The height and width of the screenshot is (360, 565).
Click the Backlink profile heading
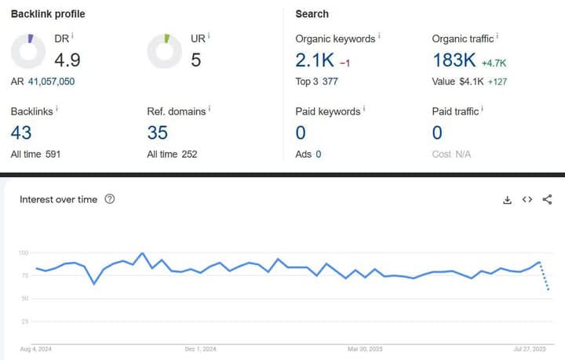tap(48, 14)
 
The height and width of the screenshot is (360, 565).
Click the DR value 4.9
tap(67, 60)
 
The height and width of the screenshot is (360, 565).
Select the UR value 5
tap(196, 60)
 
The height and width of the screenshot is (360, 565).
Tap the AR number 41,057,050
tap(52, 81)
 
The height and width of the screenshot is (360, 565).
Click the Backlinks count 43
tap(21, 133)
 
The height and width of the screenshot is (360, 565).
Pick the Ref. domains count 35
tap(158, 133)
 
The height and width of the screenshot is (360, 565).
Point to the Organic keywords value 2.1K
tap(314, 60)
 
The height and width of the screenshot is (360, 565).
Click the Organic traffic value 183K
tap(454, 60)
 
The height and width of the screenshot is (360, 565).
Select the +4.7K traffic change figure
tap(494, 62)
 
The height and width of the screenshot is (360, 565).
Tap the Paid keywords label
tap(327, 111)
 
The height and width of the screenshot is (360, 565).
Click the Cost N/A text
tap(451, 154)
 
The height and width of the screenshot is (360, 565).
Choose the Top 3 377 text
tap(316, 81)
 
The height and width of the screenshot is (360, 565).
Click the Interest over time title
tap(59, 199)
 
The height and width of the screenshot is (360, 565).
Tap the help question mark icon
tap(110, 199)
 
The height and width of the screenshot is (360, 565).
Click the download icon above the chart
tap(508, 200)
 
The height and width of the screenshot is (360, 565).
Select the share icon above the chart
tap(548, 199)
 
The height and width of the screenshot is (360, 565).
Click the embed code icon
tap(527, 199)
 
